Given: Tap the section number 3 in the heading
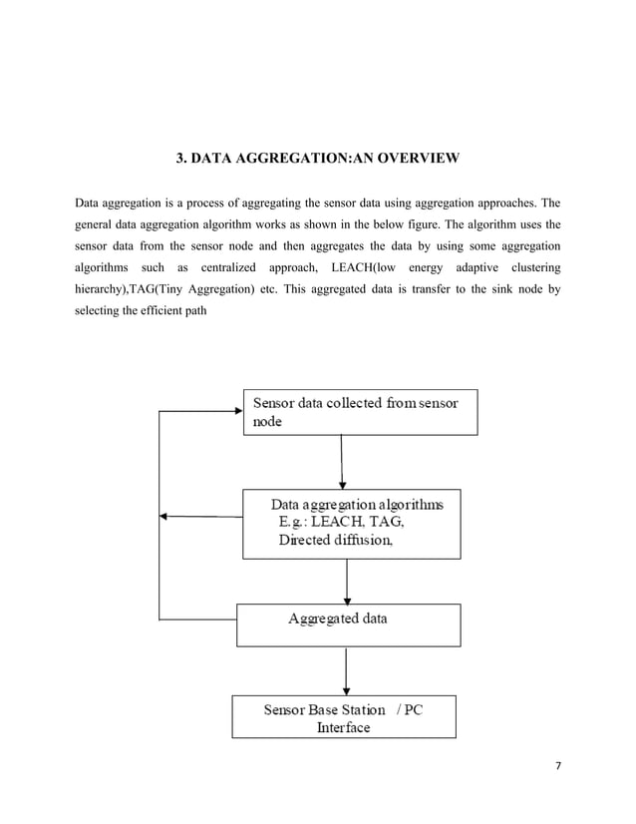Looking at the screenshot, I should [x=180, y=159].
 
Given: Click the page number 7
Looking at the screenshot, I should [x=558, y=765].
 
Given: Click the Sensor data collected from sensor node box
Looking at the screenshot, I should [x=360, y=412].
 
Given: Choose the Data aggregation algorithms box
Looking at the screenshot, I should [x=352, y=523].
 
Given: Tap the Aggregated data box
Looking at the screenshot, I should [x=348, y=624].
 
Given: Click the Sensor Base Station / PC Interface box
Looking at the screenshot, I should [x=344, y=717].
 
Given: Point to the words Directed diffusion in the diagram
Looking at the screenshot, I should [x=336, y=541].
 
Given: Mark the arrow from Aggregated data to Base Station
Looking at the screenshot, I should [x=346, y=669].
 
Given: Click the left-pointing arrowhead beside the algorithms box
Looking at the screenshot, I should [x=165, y=516].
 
